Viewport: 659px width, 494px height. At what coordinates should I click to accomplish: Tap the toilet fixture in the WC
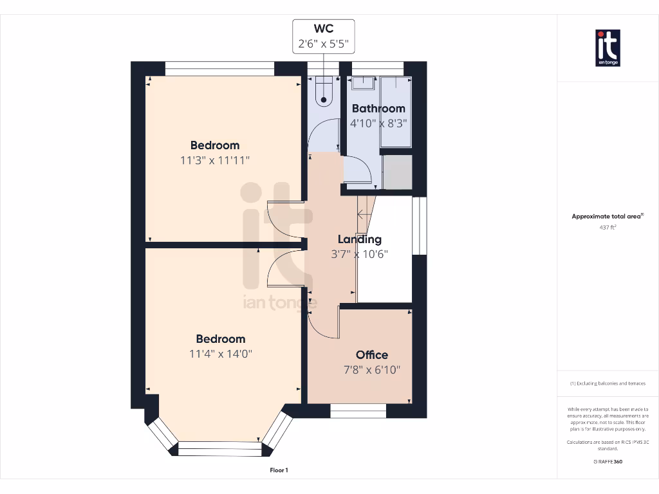(x=324, y=91)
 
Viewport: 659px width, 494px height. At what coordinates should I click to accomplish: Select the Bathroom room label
(x=378, y=109)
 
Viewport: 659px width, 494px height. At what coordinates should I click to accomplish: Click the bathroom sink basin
(x=363, y=82)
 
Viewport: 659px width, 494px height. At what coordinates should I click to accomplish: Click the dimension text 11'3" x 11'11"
(x=215, y=160)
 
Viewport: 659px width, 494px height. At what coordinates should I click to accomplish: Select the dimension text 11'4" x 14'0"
(x=221, y=354)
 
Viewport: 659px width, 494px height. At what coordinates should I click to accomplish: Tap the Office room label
(x=372, y=355)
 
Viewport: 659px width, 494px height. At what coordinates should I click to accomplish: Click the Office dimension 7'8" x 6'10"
(x=372, y=370)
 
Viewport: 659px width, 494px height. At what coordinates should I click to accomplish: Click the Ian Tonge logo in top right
(x=608, y=48)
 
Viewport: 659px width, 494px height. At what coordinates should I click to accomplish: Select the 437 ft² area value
(x=608, y=227)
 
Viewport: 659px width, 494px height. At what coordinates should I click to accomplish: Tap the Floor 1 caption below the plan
(x=279, y=470)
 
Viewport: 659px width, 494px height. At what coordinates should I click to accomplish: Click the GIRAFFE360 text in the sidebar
(x=608, y=461)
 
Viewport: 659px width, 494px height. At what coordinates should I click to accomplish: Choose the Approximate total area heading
(x=607, y=217)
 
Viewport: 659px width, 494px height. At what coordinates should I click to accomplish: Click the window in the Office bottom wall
(x=358, y=410)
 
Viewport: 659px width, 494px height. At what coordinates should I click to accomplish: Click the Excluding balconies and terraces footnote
(x=608, y=383)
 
